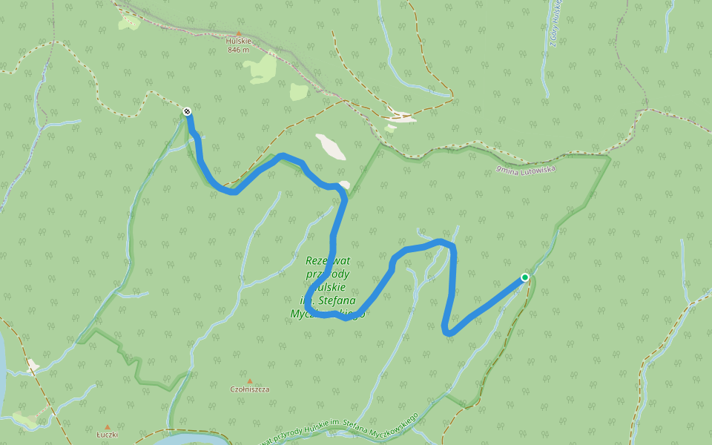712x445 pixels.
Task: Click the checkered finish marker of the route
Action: point(187,112)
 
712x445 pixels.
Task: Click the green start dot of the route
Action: point(525,277)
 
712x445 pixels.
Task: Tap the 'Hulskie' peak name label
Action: point(239,42)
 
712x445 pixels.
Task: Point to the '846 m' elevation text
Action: point(239,50)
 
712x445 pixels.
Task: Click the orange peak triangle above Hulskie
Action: point(239,33)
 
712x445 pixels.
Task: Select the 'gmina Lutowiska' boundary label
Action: point(526,169)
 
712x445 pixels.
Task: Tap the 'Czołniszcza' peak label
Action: point(249,389)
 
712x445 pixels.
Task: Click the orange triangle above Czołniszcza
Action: point(249,380)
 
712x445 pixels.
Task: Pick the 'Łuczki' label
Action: point(108,435)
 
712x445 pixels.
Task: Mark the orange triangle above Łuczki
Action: point(108,427)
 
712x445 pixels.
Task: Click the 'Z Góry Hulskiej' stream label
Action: point(556,22)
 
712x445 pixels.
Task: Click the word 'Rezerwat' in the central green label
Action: point(327,260)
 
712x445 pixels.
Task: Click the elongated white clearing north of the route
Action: point(330,146)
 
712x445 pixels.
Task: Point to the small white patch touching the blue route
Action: point(343,184)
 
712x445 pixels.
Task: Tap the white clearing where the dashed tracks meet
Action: point(400,116)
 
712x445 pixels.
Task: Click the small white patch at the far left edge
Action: point(33,366)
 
